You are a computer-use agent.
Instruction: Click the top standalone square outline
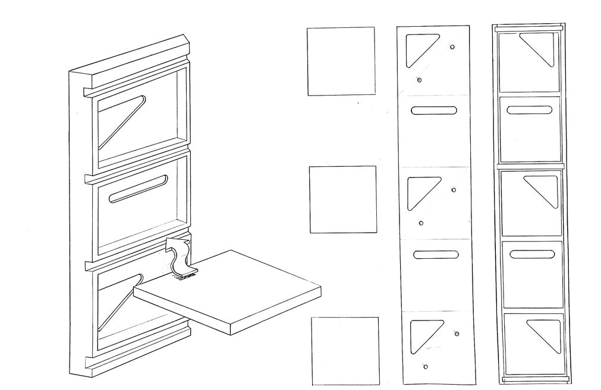pos(341,61)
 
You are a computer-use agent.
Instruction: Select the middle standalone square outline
pos(342,199)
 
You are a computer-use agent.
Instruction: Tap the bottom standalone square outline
pos(345,351)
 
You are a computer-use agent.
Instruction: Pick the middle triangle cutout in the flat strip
pos(420,190)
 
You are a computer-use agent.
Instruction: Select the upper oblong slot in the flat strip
pos(435,110)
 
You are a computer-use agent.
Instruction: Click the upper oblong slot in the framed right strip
pos(530,110)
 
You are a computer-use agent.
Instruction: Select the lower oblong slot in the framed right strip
pos(532,254)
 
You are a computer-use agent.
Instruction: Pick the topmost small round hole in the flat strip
pos(453,46)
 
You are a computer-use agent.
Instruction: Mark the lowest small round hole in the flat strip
pos(425,366)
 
